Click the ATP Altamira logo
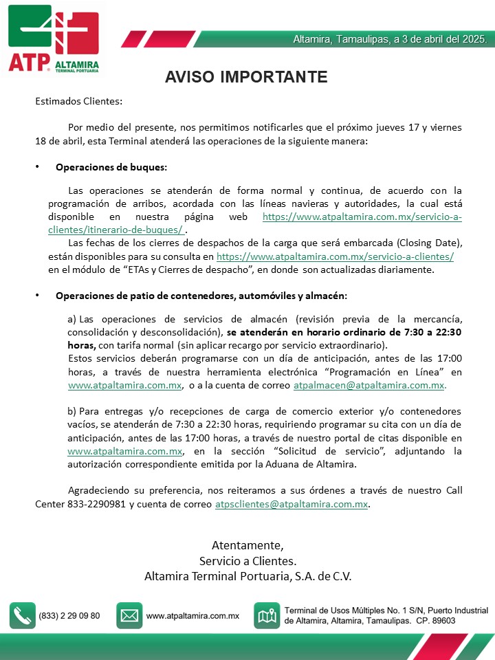pos(54,38)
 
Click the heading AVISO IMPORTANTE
pos(246,76)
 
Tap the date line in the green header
pos(390,39)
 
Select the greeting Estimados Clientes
pos(78,101)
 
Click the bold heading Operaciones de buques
pos(111,166)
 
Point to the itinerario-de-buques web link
pos(362,217)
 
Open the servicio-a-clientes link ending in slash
pos(335,256)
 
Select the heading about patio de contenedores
pos(201,296)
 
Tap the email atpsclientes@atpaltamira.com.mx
pos(292,504)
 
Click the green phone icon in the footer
pos(22,615)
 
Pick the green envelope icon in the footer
pos(129,615)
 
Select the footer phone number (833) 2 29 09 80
pos(69,616)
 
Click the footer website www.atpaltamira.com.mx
pos(192,616)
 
